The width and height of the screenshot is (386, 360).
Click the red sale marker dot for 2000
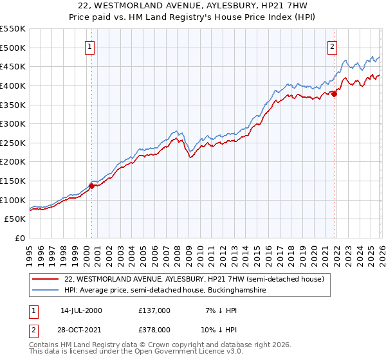pyautogui.click(x=91, y=186)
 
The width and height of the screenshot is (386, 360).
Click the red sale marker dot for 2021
pyautogui.click(x=335, y=94)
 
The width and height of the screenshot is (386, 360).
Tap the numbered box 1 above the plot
pyautogui.click(x=90, y=46)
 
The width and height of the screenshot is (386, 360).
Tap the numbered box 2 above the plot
pyautogui.click(x=332, y=46)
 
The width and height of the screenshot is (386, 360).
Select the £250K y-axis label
pyautogui.click(x=13, y=143)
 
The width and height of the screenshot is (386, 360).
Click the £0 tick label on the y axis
pyautogui.click(x=21, y=239)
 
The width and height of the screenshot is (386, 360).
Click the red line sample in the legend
pyautogui.click(x=46, y=279)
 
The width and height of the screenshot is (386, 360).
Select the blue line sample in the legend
pyautogui.click(x=46, y=291)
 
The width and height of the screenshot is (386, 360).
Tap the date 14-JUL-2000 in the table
pyautogui.click(x=81, y=310)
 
